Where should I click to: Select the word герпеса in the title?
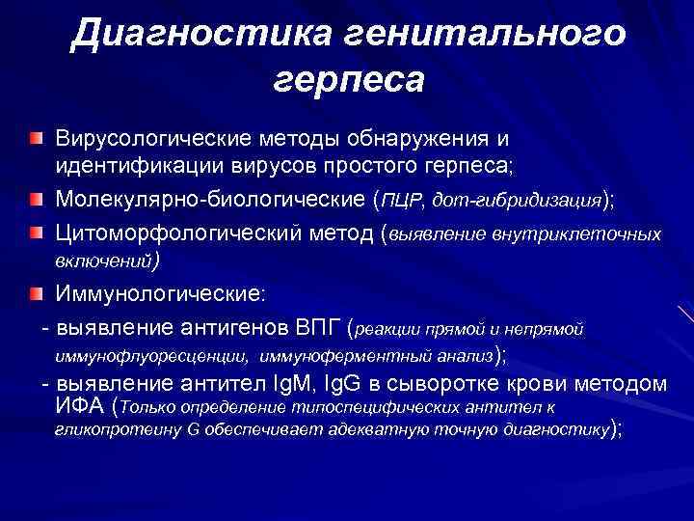click(348, 80)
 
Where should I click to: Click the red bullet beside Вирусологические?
click(36, 141)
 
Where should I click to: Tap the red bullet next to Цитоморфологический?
click(36, 233)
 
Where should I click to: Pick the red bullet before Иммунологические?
click(36, 292)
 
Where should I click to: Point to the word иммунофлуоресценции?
click(151, 356)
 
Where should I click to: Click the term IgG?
click(353, 383)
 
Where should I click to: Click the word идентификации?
click(122, 169)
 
